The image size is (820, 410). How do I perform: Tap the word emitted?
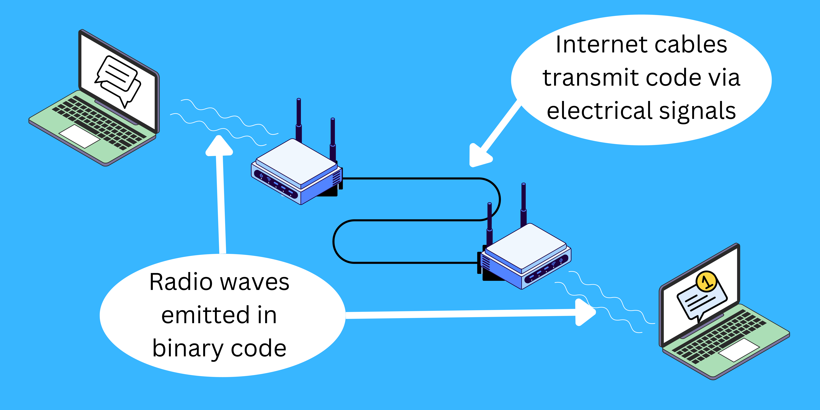[x=205, y=315]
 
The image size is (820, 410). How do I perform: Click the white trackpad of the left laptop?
[x=80, y=136]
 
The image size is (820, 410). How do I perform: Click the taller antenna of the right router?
[x=523, y=204]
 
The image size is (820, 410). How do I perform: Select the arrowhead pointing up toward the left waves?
[x=219, y=146]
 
